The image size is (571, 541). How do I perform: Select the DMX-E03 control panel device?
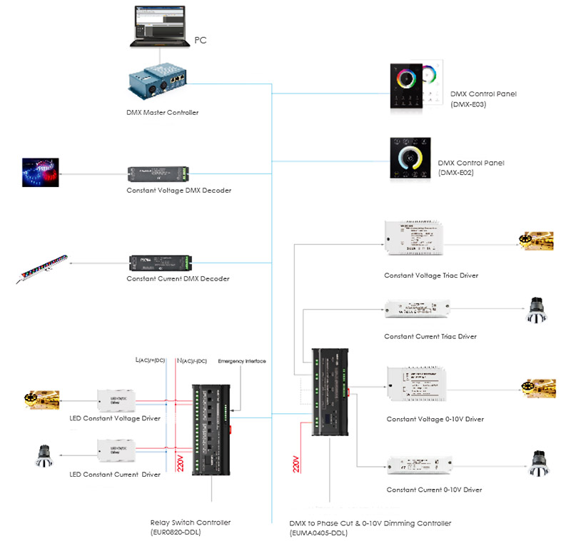click(413, 86)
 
